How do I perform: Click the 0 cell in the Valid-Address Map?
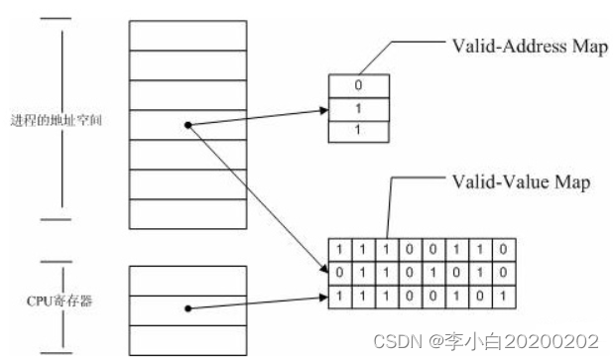pyautogui.click(x=358, y=85)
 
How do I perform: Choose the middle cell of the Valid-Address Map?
pyautogui.click(x=358, y=107)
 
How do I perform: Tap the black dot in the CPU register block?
pyautogui.click(x=187, y=307)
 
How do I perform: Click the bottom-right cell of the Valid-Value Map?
pyautogui.click(x=507, y=294)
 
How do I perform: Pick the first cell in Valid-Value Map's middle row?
pyautogui.click(x=340, y=272)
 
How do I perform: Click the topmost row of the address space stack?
pyautogui.click(x=187, y=34)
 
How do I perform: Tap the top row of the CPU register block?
pyautogui.click(x=187, y=279)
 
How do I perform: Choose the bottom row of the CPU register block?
pyautogui.click(x=187, y=338)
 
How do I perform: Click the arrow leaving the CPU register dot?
pyautogui.click(x=258, y=300)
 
